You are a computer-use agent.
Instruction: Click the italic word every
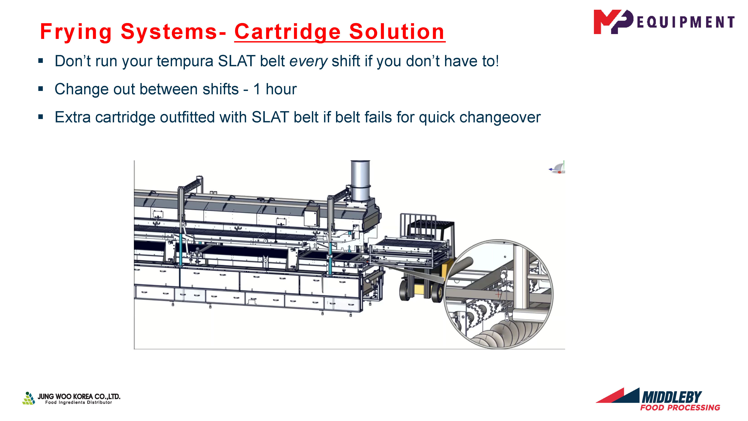coord(308,61)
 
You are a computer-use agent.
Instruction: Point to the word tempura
coord(185,61)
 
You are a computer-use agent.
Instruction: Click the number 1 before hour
coord(257,89)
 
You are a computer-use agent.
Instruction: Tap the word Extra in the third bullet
coord(73,117)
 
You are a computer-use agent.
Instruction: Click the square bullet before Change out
coord(41,89)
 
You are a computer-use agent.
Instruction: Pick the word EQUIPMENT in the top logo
coord(686,22)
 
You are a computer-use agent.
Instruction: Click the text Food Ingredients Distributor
coord(78,402)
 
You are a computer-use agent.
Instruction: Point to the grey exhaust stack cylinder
coord(360,180)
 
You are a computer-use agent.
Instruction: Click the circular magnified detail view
coord(498,294)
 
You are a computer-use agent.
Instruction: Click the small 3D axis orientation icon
coord(557,168)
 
